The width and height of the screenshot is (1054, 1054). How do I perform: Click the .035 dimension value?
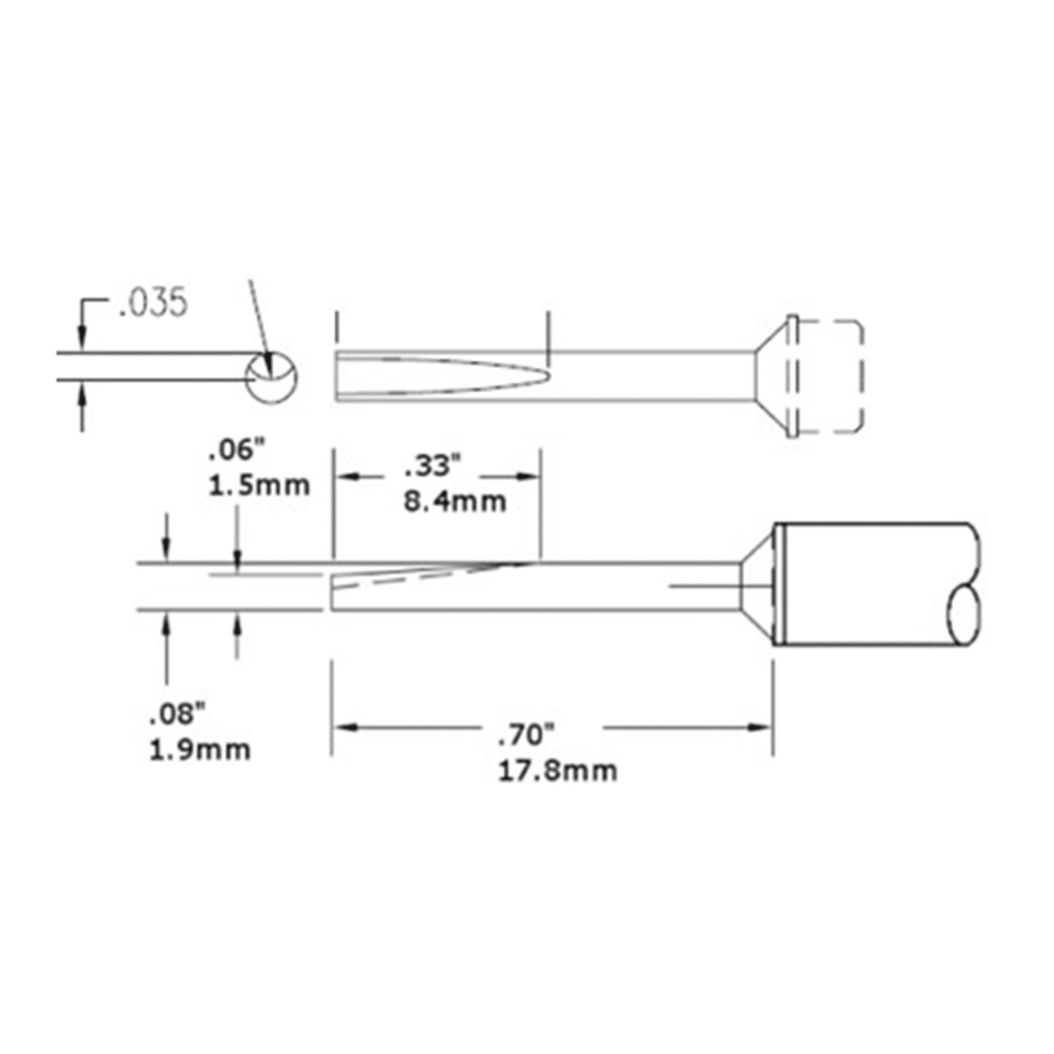click(x=153, y=303)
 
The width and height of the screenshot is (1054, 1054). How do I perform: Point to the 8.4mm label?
click(x=455, y=501)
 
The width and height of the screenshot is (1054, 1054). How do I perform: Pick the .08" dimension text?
click(x=177, y=715)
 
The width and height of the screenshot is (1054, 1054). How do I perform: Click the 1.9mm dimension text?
click(x=200, y=750)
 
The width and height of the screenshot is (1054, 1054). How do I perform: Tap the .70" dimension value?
click(x=527, y=736)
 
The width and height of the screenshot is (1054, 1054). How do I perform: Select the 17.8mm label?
click(x=558, y=771)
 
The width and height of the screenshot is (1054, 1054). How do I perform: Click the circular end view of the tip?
click(x=272, y=377)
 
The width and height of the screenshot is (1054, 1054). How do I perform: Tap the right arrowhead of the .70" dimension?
click(x=762, y=727)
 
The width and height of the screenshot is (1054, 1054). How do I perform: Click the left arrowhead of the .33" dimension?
click(x=344, y=476)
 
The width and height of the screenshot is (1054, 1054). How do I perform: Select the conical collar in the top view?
click(x=771, y=376)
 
